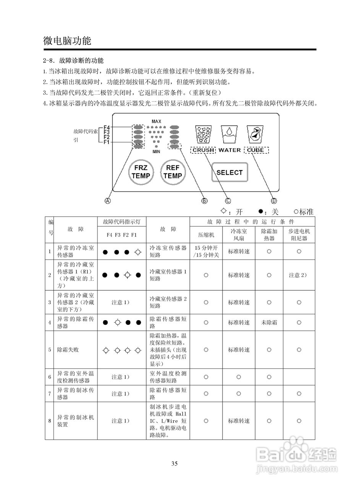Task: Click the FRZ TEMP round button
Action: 141,172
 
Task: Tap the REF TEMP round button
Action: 172,172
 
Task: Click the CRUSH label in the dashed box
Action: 203,150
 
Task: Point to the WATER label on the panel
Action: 230,150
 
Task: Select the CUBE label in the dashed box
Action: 255,150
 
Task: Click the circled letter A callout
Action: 108,201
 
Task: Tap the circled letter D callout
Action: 274,201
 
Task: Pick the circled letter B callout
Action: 204,201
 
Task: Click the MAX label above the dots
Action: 156,121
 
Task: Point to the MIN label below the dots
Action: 156,152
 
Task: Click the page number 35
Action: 174,464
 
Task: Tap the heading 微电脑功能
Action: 67,41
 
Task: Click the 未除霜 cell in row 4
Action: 269,322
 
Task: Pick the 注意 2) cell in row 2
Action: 299,275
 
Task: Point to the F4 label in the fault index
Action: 107,127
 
